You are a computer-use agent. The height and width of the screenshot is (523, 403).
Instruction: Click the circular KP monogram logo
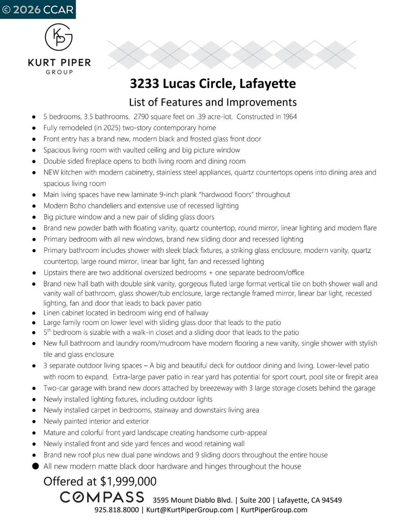pos(59,38)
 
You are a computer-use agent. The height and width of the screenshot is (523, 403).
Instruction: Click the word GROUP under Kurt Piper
pos(59,72)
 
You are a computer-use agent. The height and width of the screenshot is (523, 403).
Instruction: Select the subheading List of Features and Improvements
pos(212,102)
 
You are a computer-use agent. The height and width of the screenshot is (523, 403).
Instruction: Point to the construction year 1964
pos(288,117)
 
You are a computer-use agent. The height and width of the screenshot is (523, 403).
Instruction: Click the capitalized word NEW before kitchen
pos(52,173)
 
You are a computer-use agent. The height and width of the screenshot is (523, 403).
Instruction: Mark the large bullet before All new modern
pos(35,466)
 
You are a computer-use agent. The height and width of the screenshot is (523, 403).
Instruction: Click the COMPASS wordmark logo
pos(102,498)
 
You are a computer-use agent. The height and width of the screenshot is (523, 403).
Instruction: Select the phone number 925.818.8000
pos(116,510)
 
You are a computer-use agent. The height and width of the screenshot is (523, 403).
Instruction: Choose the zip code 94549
pos(329,500)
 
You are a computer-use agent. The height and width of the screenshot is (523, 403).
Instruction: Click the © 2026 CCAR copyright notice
pos(38,9)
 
